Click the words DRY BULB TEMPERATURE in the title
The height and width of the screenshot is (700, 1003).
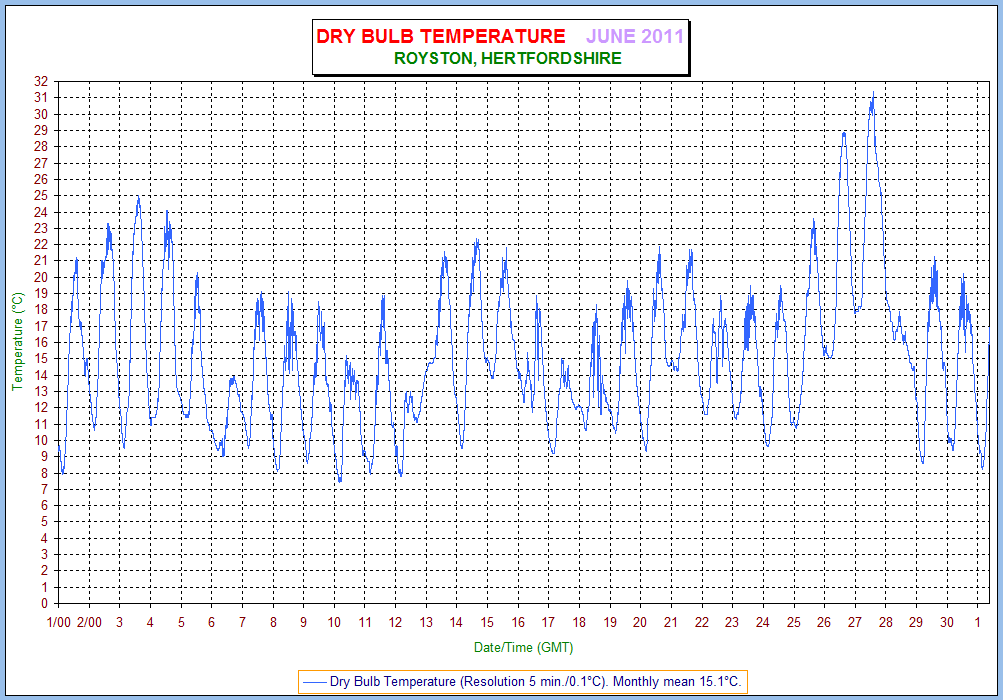440,37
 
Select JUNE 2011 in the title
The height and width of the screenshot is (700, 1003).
634,37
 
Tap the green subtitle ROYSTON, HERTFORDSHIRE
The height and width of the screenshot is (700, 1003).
508,58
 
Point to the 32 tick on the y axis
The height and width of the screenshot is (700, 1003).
42,81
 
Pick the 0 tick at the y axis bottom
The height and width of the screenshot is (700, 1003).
46,603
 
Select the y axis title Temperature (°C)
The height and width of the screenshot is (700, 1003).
17,342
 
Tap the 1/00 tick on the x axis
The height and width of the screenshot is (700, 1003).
58,622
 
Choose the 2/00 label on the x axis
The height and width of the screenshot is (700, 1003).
89,622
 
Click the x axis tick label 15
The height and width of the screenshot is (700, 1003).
487,622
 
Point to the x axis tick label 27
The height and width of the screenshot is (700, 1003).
854,622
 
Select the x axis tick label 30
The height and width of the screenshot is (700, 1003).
946,622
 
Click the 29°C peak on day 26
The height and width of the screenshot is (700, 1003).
844,132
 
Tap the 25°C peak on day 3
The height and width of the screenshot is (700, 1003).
138,196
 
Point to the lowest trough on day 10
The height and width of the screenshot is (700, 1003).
340,481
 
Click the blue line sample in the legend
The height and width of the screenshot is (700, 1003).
314,681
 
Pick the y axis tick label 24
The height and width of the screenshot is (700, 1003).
42,211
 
